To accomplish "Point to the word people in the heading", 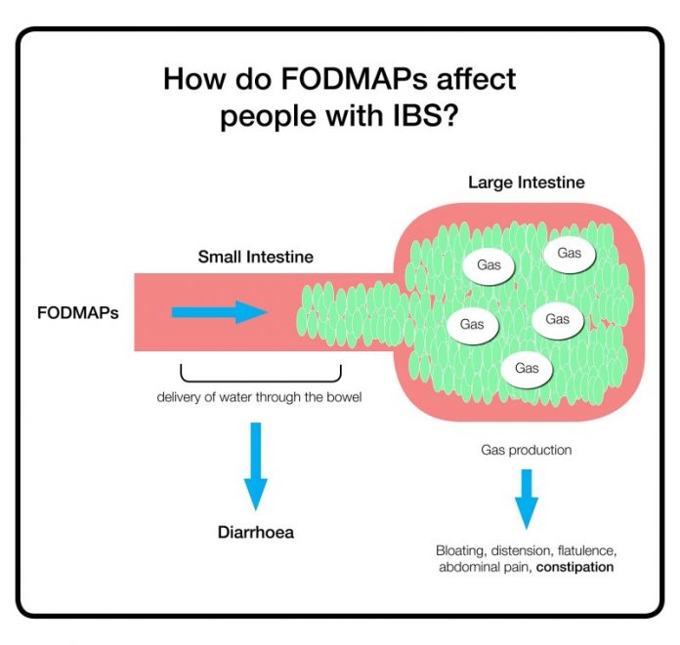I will point(264,117).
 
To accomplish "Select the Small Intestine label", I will point(255,258).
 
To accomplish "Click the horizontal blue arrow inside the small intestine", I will point(219,312).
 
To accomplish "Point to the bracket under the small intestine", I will point(260,374).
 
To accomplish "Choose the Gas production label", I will point(526,450).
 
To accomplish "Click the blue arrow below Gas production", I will point(527,498).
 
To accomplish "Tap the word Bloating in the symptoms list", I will point(461,550).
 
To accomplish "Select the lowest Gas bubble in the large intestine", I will point(526,368).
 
